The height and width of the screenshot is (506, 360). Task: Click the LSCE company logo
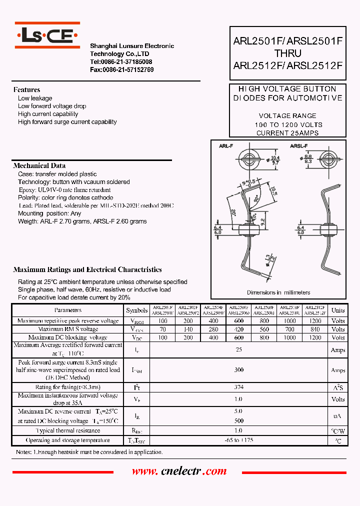click(x=47, y=34)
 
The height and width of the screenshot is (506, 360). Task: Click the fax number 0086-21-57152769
click(x=121, y=70)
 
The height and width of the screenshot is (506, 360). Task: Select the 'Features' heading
click(x=26, y=90)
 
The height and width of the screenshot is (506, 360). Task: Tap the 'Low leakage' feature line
click(x=35, y=98)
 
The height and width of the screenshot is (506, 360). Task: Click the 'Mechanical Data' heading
click(x=39, y=166)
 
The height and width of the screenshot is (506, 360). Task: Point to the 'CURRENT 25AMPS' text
click(x=287, y=133)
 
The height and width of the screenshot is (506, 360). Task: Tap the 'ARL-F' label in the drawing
click(x=225, y=146)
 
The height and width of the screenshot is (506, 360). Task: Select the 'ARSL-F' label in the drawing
click(x=298, y=146)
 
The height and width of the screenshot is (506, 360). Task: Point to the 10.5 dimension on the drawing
click(x=273, y=192)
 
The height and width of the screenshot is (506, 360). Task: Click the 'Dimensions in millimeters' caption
click(x=278, y=292)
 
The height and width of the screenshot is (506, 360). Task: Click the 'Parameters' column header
click(x=67, y=310)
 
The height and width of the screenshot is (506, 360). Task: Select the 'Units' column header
click(x=338, y=310)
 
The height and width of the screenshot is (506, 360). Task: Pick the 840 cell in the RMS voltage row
click(x=315, y=329)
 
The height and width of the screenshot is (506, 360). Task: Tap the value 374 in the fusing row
click(x=238, y=387)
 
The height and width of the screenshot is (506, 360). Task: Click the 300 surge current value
click(x=238, y=370)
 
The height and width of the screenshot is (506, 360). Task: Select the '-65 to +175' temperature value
click(x=238, y=440)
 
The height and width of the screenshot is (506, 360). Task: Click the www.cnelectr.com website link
click(x=179, y=471)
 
